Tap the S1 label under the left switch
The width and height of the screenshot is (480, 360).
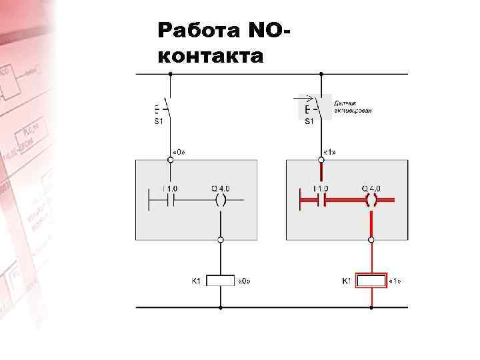(159, 121)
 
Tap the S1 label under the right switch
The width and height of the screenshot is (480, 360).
(309, 121)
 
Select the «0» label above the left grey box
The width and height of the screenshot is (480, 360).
(179, 152)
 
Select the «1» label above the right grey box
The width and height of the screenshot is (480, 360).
(329, 152)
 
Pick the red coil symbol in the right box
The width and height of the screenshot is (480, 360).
(371, 199)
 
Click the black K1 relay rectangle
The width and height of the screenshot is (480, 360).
(221, 281)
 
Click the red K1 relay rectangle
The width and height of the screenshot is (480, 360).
(371, 281)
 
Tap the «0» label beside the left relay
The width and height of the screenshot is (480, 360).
(244, 281)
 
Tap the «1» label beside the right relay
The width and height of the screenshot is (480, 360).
(395, 281)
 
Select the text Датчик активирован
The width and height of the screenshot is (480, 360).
(353, 105)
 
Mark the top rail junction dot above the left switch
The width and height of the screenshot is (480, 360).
(171, 73)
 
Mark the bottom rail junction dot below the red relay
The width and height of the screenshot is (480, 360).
(371, 307)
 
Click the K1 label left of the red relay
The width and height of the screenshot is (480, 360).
(346, 281)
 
